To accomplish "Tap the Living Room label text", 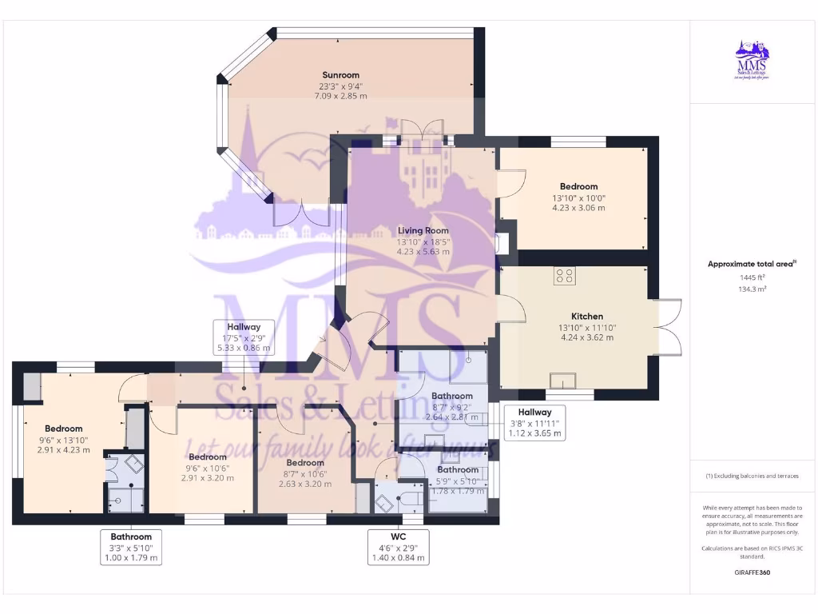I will [x=423, y=230].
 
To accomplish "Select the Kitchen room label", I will [x=586, y=316].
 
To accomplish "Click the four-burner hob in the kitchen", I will [x=566, y=276].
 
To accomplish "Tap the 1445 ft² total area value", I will [x=752, y=277].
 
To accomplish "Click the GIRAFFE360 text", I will [x=752, y=572].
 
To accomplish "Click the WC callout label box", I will [x=398, y=547].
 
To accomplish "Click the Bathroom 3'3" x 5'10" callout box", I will [x=131, y=547].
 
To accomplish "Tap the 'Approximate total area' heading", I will [x=752, y=264].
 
